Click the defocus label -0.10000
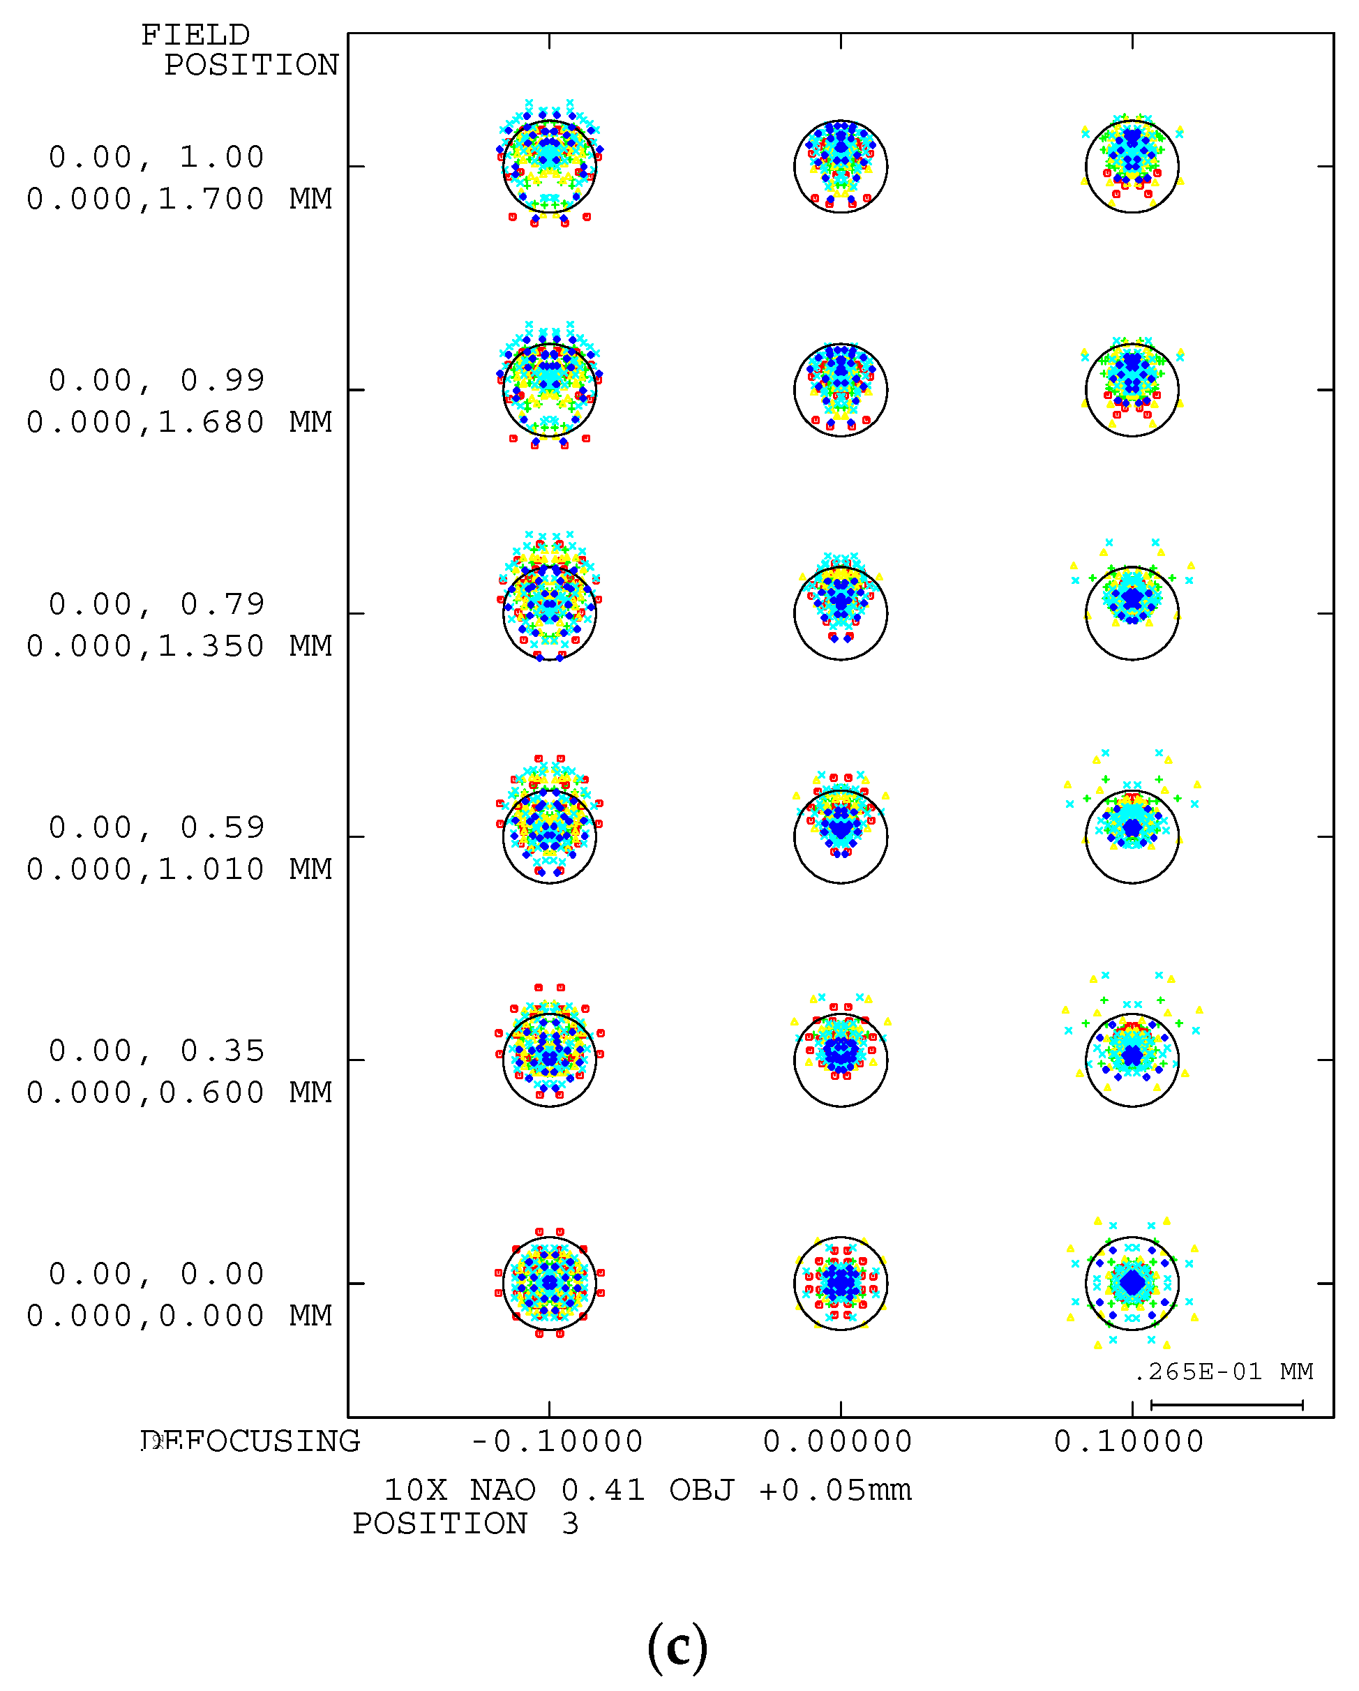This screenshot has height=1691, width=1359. (x=556, y=1441)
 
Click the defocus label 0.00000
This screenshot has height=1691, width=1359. (x=837, y=1441)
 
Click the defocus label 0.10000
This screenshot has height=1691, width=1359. (x=1129, y=1441)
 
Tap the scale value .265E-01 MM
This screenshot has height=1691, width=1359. (x=1224, y=1371)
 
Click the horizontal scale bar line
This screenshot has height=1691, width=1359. (x=1226, y=1405)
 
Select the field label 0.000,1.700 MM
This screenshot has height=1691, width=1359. (x=179, y=200)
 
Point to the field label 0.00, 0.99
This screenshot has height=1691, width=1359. (x=157, y=380)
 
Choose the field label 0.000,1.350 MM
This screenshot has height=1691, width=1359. (x=179, y=646)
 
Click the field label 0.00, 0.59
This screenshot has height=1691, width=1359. (x=157, y=827)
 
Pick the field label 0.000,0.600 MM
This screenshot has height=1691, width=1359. (x=179, y=1092)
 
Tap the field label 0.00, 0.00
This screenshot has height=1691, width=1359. (x=157, y=1275)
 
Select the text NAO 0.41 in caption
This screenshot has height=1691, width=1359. (x=557, y=1490)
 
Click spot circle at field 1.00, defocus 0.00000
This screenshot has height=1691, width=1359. (x=841, y=166)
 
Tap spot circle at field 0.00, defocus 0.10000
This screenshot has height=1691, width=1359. (x=1132, y=1283)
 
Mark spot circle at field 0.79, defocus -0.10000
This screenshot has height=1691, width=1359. (x=549, y=612)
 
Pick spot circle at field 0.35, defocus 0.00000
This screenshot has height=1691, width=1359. (x=841, y=1060)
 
